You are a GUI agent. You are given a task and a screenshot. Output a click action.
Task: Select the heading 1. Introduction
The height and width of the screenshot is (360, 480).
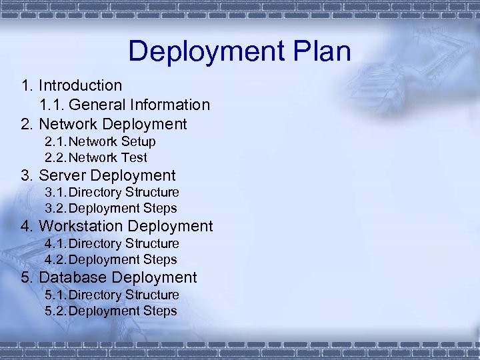pos(71,85)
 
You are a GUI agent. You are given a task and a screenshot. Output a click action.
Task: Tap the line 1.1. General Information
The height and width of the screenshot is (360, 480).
pos(125,105)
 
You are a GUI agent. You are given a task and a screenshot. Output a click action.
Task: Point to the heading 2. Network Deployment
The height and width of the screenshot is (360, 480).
pos(104,124)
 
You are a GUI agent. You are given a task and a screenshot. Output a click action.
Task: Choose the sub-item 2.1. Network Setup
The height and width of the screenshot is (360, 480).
pos(100,141)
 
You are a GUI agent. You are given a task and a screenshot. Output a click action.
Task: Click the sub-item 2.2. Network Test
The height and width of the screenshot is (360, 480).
pos(96,158)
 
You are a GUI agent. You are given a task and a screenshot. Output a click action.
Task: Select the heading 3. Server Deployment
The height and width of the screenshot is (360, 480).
pos(98,175)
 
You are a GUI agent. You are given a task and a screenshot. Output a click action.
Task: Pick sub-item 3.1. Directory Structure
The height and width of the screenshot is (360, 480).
pos(111,193)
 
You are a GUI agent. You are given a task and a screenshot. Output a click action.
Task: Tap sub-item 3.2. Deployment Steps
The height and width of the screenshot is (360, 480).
pos(111,209)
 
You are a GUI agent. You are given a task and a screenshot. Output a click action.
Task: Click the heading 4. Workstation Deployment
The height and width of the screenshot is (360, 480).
pos(117,226)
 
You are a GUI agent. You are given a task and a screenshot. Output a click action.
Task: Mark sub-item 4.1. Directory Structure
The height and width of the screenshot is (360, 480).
pos(111,244)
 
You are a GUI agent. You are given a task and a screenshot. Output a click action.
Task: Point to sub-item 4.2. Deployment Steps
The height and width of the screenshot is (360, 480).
pos(111,260)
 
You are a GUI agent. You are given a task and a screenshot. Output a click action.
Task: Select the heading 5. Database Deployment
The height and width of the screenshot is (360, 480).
pos(109,277)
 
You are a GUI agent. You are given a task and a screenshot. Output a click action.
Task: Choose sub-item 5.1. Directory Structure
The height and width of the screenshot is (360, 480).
pos(111,295)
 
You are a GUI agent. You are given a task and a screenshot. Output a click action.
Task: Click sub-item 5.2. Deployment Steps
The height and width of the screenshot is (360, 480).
pos(111,311)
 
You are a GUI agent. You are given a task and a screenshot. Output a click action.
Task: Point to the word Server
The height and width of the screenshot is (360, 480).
pos(62,175)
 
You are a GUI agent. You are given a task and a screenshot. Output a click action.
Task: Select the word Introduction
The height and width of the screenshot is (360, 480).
pos(80,85)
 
